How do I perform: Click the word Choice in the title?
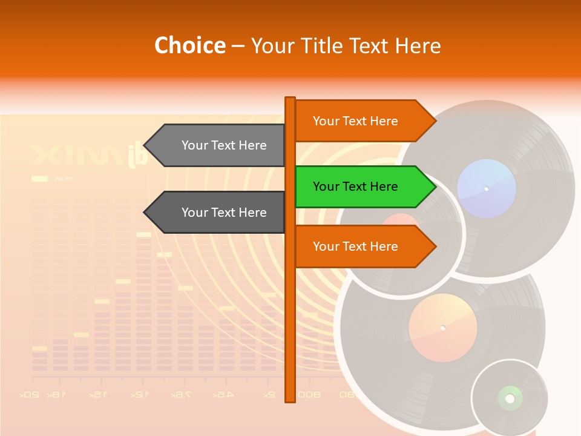click(189, 45)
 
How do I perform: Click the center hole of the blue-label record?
click(486, 189)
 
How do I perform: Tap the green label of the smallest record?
click(510, 398)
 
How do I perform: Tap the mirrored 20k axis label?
click(29, 395)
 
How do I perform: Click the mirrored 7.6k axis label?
click(180, 395)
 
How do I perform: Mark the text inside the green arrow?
click(355, 187)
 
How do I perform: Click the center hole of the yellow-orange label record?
click(442, 328)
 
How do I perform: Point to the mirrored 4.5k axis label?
click(223, 395)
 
